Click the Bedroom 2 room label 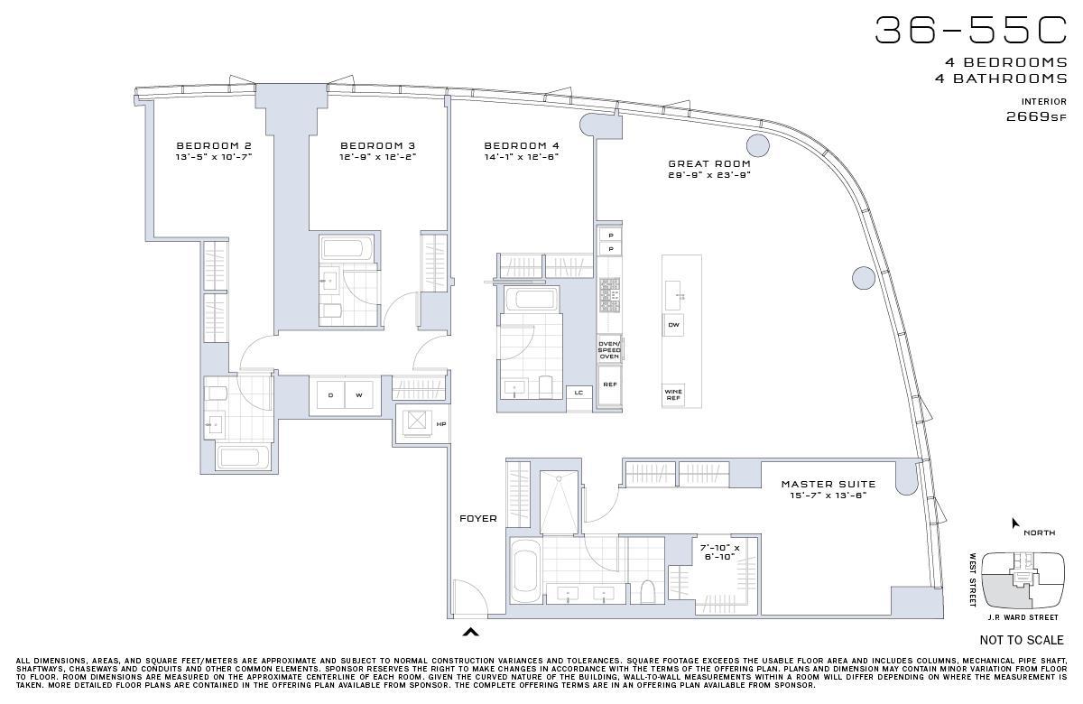click(x=214, y=145)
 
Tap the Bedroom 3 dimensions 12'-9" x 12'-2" click(x=377, y=157)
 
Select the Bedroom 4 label click(x=522, y=145)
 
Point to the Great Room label click(x=709, y=164)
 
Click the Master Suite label click(x=828, y=484)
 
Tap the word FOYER click(x=478, y=518)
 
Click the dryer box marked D click(x=330, y=395)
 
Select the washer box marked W click(x=359, y=395)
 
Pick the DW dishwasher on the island click(x=673, y=325)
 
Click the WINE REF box click(x=673, y=395)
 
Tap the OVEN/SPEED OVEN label click(x=609, y=350)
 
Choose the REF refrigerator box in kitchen click(x=610, y=384)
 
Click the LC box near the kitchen click(x=579, y=393)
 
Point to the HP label click(x=441, y=424)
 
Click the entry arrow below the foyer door click(x=470, y=632)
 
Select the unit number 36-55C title click(x=971, y=31)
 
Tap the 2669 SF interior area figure click(x=1036, y=116)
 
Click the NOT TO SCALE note click(x=1022, y=640)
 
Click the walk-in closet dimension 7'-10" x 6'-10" click(x=720, y=552)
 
